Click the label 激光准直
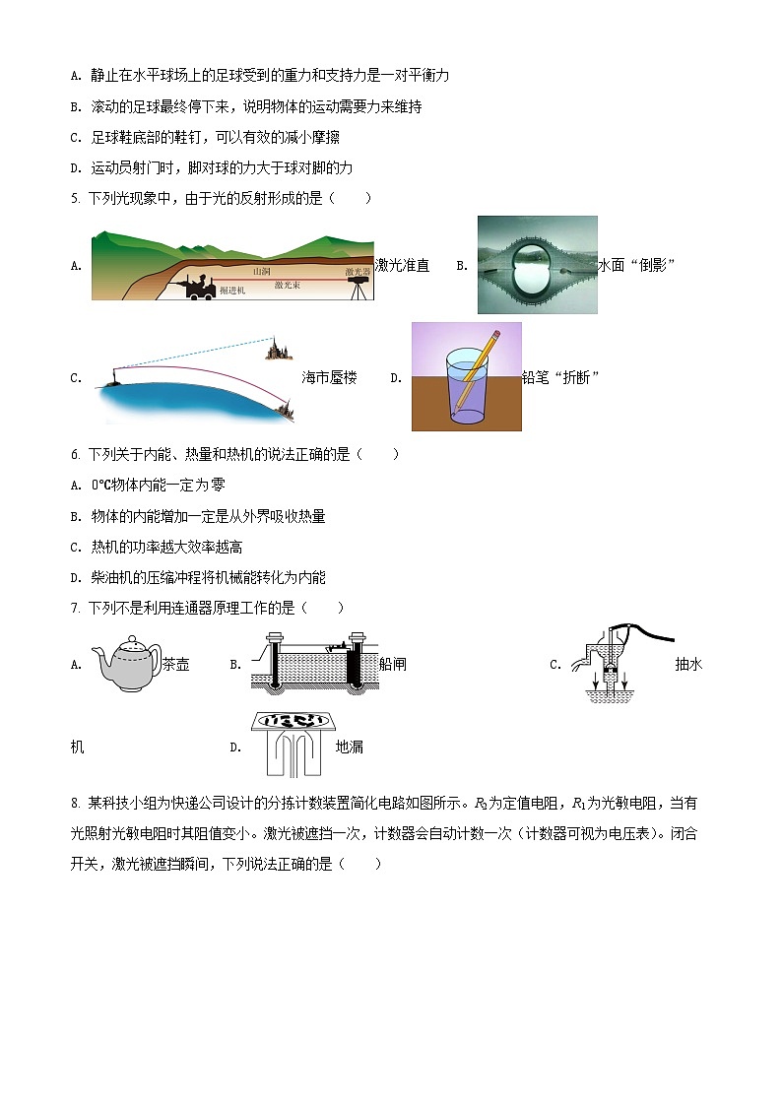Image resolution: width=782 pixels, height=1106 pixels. pyautogui.click(x=402, y=265)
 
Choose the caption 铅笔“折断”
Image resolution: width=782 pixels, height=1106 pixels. pyautogui.click(x=562, y=377)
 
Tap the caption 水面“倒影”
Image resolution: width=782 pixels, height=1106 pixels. pyautogui.click(x=636, y=265)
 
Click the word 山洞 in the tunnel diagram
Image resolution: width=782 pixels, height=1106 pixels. pyautogui.click(x=261, y=271)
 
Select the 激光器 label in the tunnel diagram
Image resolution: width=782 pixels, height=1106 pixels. pyautogui.click(x=358, y=271)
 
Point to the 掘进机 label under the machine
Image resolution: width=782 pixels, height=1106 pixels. pyautogui.click(x=232, y=291)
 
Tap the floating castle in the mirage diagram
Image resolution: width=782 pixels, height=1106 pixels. pyautogui.click(x=275, y=350)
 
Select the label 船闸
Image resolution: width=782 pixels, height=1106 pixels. pyautogui.click(x=392, y=664)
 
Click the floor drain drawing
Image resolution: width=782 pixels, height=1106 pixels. pyautogui.click(x=292, y=744)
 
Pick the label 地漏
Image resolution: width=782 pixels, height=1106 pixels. pyautogui.click(x=350, y=747)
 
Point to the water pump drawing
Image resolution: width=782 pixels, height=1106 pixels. pyautogui.click(x=608, y=660)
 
